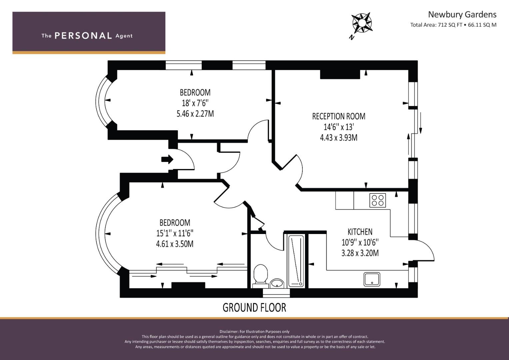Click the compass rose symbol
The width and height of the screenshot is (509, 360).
(362, 23)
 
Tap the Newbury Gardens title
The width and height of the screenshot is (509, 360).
(462, 15)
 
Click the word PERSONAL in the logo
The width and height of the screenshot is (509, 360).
(83, 36)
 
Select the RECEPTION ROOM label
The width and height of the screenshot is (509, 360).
(339, 116)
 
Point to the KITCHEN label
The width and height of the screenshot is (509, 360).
(360, 232)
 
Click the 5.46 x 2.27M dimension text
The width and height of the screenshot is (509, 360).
(195, 114)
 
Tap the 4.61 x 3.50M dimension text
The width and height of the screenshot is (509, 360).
(175, 244)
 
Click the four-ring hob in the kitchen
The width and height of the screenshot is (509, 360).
(378, 200)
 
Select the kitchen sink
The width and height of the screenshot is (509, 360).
(372, 279)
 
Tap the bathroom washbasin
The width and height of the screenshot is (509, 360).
(277, 283)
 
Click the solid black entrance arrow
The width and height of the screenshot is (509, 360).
(167, 159)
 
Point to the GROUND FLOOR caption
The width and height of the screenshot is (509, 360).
(254, 307)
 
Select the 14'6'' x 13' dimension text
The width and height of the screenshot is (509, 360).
(339, 127)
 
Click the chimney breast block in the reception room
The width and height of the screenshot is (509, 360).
(340, 74)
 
